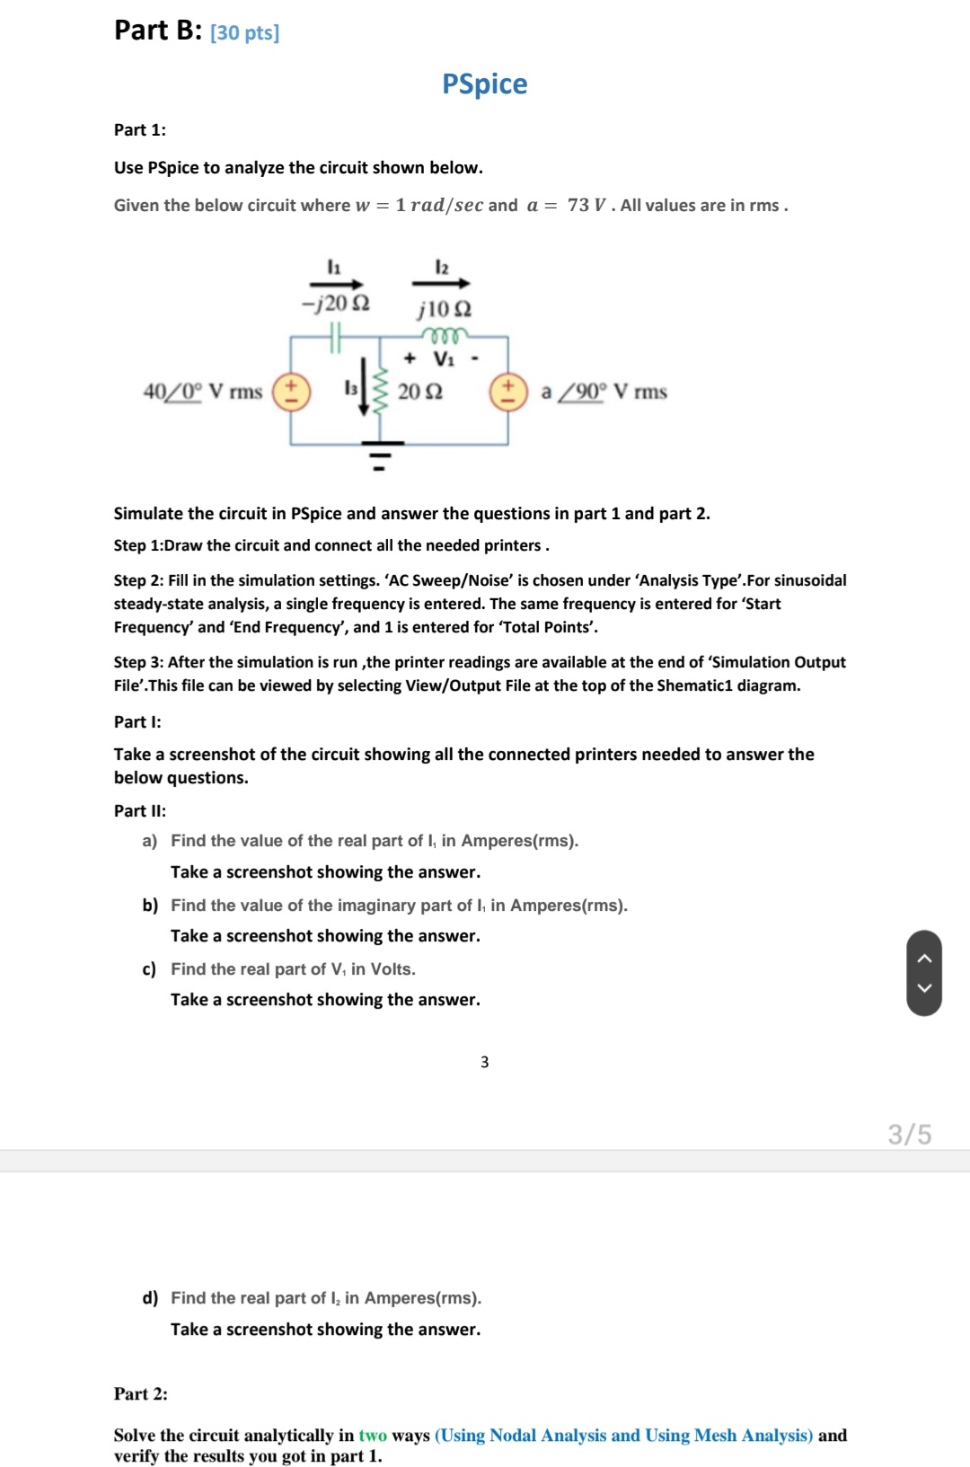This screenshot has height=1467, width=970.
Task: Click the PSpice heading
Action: (x=484, y=84)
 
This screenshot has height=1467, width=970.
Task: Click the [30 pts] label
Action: (x=244, y=33)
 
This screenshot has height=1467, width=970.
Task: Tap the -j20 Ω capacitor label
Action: (x=335, y=303)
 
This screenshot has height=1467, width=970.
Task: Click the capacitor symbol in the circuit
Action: (x=336, y=337)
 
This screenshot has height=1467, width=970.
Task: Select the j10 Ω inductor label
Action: (x=444, y=309)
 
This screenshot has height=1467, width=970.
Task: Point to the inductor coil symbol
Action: (x=445, y=336)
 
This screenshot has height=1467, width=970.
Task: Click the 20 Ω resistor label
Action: (x=419, y=392)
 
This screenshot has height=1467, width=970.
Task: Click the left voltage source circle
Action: (x=291, y=393)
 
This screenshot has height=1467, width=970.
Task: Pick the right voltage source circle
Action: (x=507, y=393)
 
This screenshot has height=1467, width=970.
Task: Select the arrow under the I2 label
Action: (x=441, y=284)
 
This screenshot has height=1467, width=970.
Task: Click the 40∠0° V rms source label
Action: (x=203, y=392)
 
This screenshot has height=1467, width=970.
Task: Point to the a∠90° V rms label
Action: (x=604, y=392)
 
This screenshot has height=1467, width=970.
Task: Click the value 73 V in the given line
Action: (x=586, y=205)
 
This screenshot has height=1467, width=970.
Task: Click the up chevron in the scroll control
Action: (x=924, y=958)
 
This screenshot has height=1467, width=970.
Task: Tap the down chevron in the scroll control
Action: (x=924, y=988)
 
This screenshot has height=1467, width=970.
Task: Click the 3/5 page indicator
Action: (x=909, y=1135)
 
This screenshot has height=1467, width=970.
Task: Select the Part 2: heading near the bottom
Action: (x=140, y=1393)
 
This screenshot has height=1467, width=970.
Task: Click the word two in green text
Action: (x=373, y=1435)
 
